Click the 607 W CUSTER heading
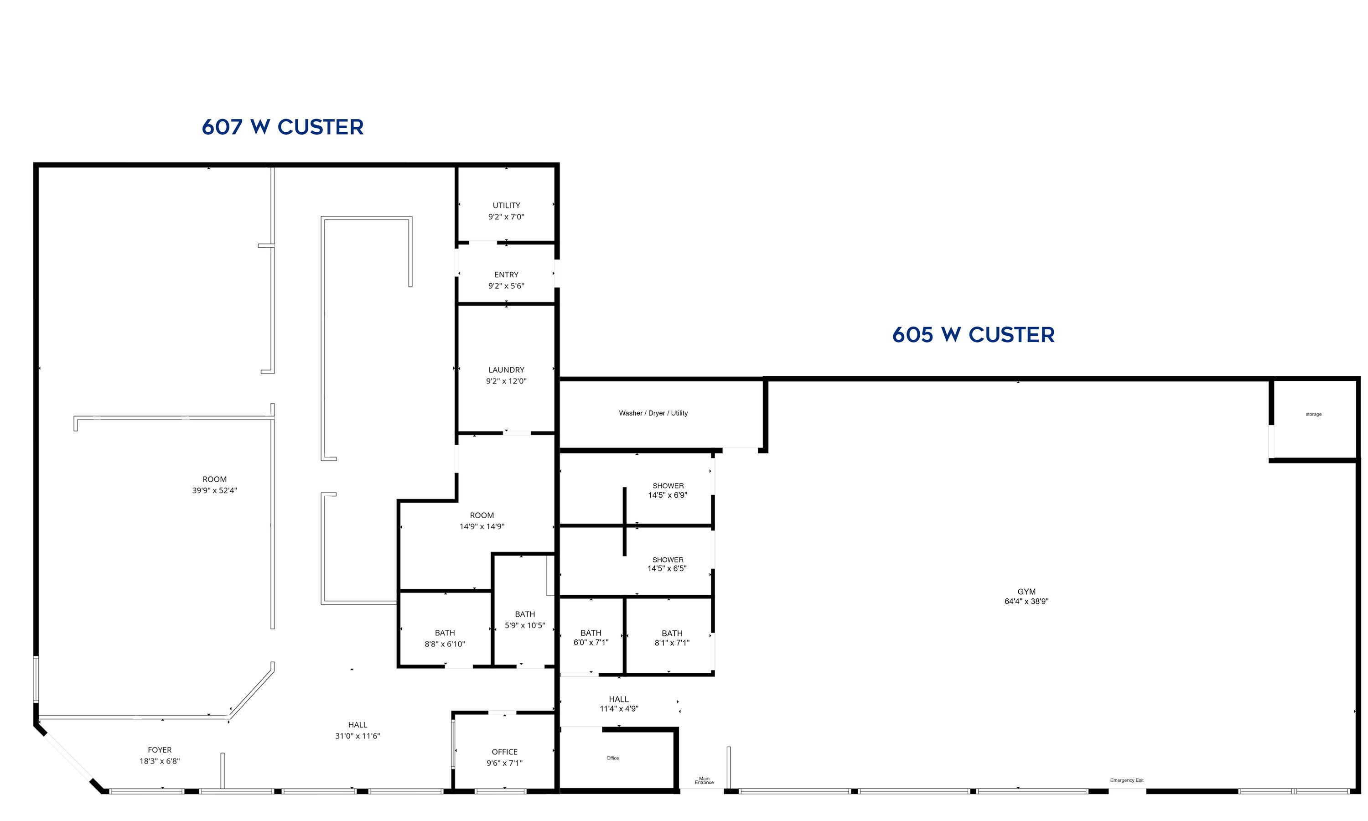coord(283,127)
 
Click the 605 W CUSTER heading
coord(973,335)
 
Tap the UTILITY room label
coord(507,205)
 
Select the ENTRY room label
coord(507,275)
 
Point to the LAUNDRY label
coord(507,369)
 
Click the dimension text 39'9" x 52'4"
coord(214,490)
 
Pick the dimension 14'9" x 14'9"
coord(482,526)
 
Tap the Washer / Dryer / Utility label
coord(653,413)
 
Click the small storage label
coord(1313,414)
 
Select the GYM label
coord(1026,592)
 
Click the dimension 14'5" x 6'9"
coord(668,495)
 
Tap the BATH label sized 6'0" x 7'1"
coord(591,633)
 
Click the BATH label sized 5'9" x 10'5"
coord(525,614)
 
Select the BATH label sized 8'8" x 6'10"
coord(445,633)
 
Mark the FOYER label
coord(160,750)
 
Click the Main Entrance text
coord(704,780)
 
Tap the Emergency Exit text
coord(1126,780)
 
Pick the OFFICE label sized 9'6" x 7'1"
coord(505,752)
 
